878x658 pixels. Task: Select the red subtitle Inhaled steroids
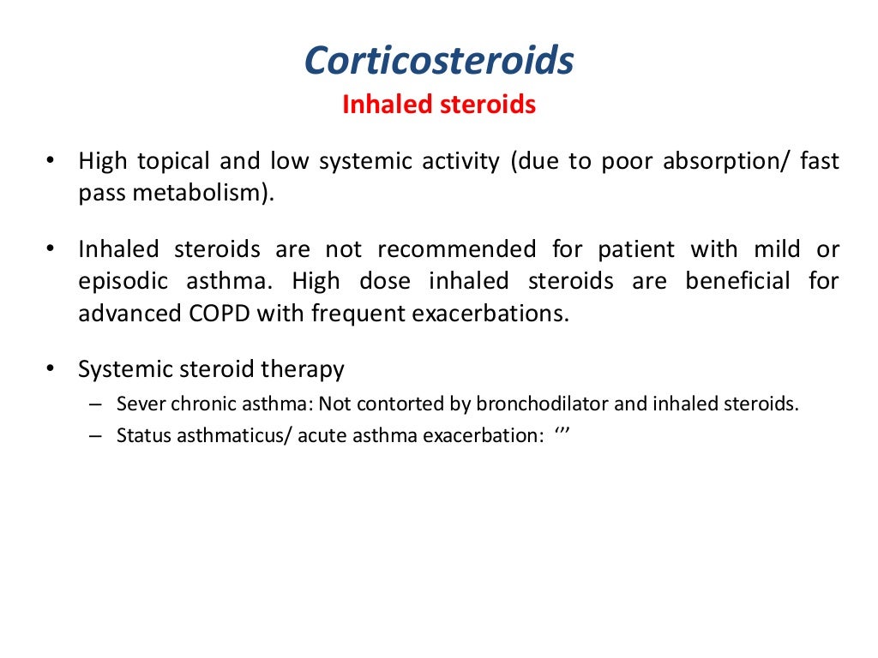(x=438, y=105)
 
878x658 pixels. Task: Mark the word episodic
(x=120, y=281)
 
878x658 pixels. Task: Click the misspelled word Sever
(x=135, y=404)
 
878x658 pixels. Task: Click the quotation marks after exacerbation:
(x=562, y=434)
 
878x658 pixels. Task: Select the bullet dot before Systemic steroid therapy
(x=51, y=369)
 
